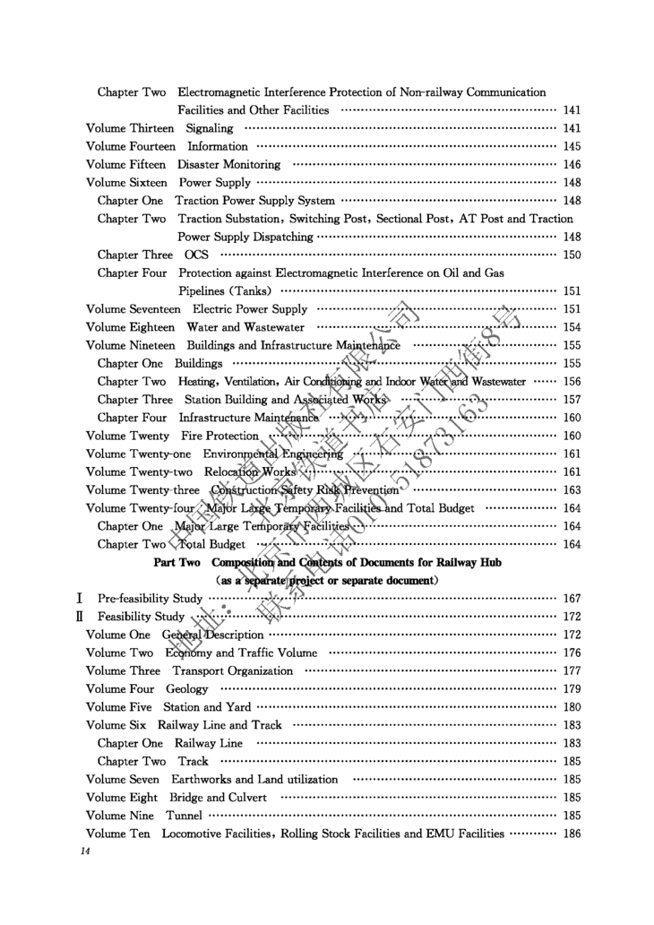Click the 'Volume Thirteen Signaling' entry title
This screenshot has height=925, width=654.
click(x=159, y=128)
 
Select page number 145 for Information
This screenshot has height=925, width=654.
click(x=572, y=146)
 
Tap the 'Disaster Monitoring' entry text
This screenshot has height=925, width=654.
click(x=228, y=164)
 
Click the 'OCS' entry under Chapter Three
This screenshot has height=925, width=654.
click(x=196, y=255)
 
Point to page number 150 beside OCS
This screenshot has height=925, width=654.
click(x=572, y=255)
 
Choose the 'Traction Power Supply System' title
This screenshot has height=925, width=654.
click(x=254, y=201)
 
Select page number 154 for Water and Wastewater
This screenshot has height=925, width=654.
click(x=572, y=327)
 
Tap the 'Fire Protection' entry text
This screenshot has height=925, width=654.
click(x=219, y=436)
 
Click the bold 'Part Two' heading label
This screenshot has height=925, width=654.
click(x=177, y=562)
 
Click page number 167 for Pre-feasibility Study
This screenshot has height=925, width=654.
click(x=572, y=598)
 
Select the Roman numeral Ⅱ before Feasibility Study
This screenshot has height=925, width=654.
click(x=80, y=617)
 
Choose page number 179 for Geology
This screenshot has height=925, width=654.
click(x=572, y=688)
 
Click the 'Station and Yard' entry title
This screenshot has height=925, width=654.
click(x=207, y=707)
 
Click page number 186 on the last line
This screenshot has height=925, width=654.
click(x=572, y=834)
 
